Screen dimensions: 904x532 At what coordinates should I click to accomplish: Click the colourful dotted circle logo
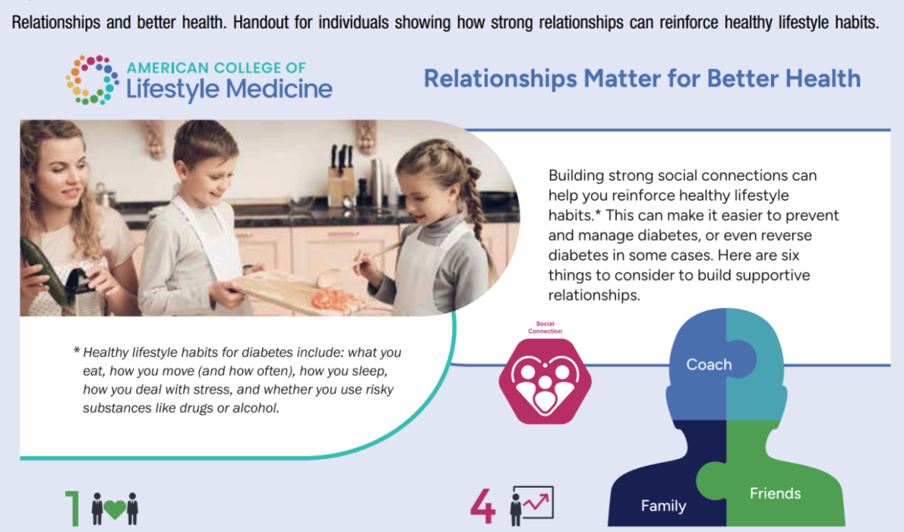pos(92,80)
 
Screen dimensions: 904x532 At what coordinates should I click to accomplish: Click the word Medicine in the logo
pos(279,89)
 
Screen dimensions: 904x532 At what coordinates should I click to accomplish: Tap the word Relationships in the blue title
pos(501,79)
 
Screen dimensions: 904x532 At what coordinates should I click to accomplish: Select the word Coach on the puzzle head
pos(709,364)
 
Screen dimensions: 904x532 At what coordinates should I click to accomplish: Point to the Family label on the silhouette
pos(664,506)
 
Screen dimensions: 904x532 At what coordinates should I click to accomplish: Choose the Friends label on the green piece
pos(775,493)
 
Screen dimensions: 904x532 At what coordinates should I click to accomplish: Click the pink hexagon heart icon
pos(545,381)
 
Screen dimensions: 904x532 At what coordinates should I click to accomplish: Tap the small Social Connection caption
pos(545,328)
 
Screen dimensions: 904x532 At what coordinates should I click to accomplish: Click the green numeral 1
pos(73,509)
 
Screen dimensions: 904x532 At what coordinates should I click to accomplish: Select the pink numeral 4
pos(483,505)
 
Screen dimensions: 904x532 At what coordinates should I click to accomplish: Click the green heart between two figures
pos(115,509)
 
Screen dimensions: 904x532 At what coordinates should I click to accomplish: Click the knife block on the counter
pos(340,176)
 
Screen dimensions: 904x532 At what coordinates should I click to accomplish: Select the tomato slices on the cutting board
pos(331,299)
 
